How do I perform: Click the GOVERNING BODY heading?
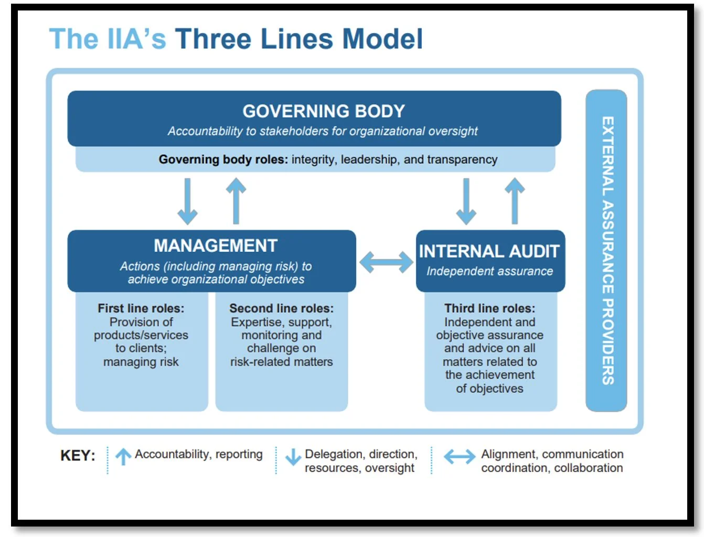click(x=323, y=111)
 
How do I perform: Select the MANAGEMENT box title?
click(x=215, y=246)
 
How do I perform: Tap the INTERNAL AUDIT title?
click(x=489, y=252)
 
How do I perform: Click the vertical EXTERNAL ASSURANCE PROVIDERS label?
click(x=607, y=250)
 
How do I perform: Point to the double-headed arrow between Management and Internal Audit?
click(x=386, y=262)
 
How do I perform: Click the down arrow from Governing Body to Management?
click(x=187, y=201)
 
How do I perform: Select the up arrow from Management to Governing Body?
click(x=236, y=201)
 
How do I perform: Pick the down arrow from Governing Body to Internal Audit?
click(x=466, y=201)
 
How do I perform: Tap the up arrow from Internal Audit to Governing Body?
click(x=515, y=201)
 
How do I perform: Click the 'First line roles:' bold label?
click(x=141, y=308)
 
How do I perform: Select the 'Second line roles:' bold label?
click(x=281, y=308)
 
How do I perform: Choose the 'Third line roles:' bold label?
click(x=489, y=308)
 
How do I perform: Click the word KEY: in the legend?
click(x=78, y=455)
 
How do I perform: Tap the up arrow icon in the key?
click(x=123, y=457)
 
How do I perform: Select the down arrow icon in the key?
click(x=293, y=457)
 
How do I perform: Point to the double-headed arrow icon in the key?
click(x=460, y=457)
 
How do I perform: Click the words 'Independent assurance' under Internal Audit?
click(x=489, y=272)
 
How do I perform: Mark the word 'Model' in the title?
click(x=382, y=39)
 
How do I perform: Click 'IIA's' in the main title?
click(x=136, y=39)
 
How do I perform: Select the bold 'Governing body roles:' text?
click(x=223, y=159)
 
